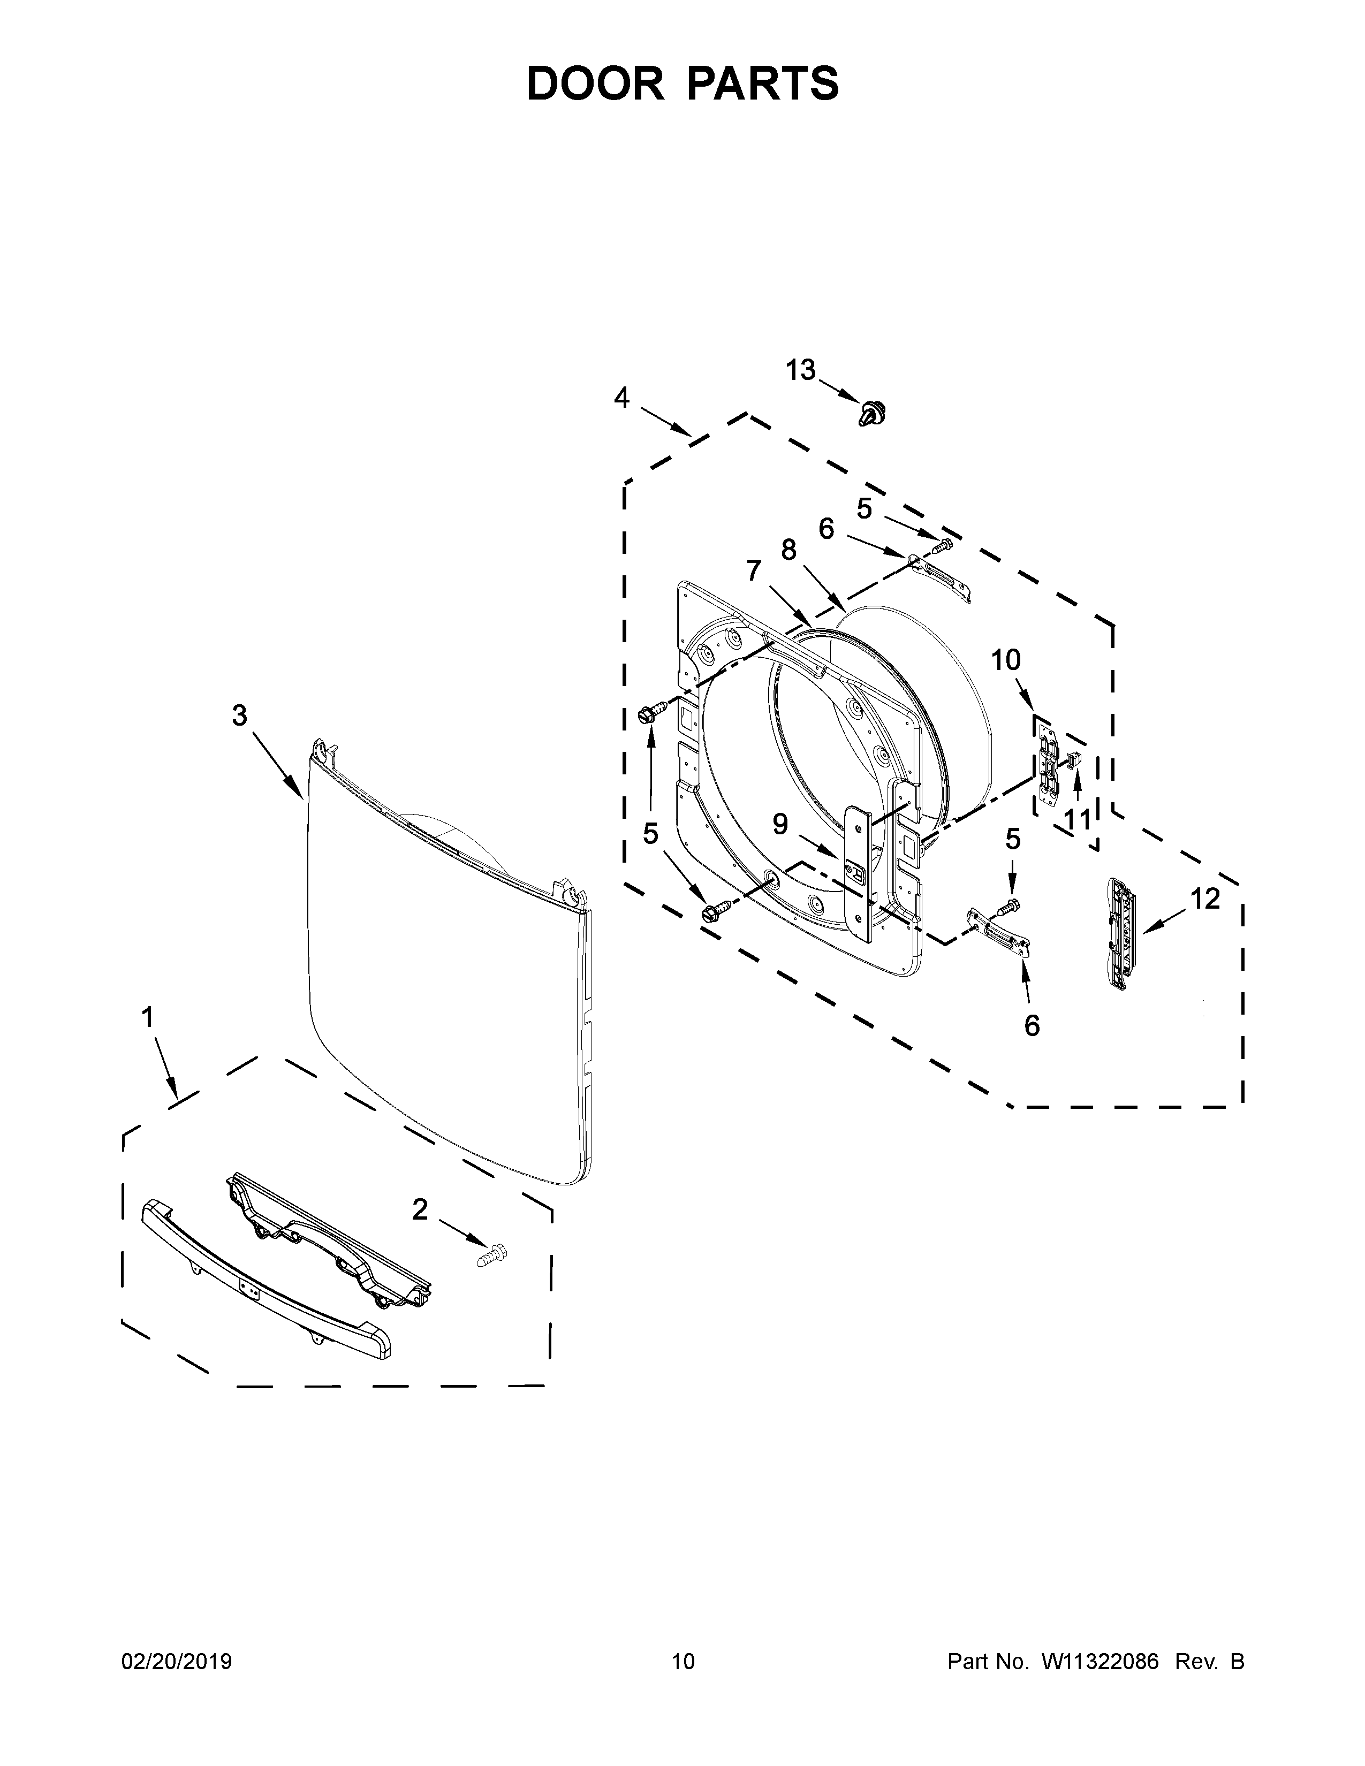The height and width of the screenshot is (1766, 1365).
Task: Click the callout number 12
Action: point(1205,899)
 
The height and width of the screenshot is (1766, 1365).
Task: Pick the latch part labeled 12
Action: point(1119,933)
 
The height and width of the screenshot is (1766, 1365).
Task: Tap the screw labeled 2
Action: point(492,1257)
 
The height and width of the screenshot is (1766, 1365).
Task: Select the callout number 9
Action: point(779,824)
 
